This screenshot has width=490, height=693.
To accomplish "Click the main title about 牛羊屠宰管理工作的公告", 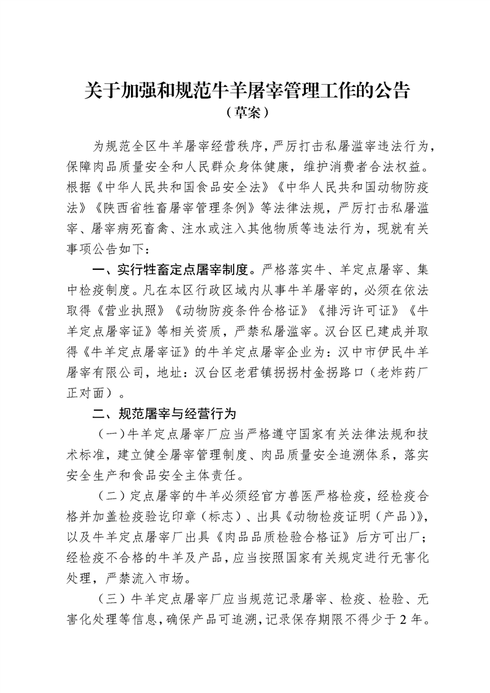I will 247,90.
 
